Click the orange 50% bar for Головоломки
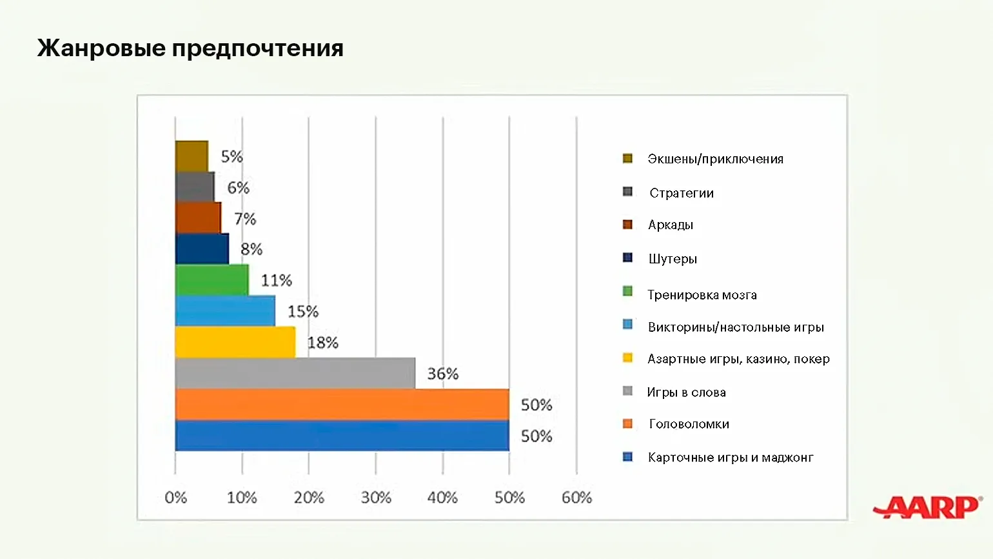click(x=342, y=404)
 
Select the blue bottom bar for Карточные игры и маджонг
click(x=342, y=435)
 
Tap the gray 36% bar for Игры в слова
click(x=295, y=373)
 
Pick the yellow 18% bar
click(x=235, y=342)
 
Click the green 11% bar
click(x=211, y=279)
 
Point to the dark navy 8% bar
click(x=202, y=249)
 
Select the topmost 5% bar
click(x=192, y=156)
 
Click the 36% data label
click(x=443, y=374)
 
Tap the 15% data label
click(x=303, y=312)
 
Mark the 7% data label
click(x=245, y=219)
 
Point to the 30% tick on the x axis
click(x=376, y=498)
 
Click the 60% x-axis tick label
click(x=576, y=498)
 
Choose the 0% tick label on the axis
click(x=175, y=498)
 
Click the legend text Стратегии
click(x=682, y=193)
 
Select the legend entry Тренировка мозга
click(x=702, y=295)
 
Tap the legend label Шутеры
click(x=673, y=259)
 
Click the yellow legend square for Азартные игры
click(x=627, y=358)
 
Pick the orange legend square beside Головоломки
click(x=627, y=423)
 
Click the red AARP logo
click(x=927, y=507)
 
